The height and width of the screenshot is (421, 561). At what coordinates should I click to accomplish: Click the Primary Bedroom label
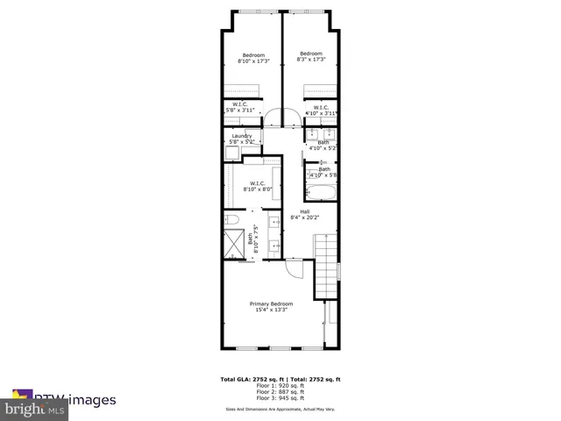pos(270,306)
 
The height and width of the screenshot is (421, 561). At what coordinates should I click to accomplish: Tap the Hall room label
pos(304,214)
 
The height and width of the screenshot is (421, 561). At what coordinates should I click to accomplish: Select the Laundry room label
pos(242,139)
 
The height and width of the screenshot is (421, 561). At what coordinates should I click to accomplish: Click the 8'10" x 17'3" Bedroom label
pos(254,57)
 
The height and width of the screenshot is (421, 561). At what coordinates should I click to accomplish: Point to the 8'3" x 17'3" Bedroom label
pos(311,56)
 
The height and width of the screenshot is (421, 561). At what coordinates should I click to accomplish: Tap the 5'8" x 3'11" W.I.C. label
pos(239,109)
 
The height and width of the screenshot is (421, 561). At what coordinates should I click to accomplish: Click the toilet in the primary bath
pos(231,219)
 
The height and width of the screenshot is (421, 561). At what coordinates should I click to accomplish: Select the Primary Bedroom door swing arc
pos(296,268)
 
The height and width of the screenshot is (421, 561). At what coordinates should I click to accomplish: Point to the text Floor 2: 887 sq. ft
pos(280,390)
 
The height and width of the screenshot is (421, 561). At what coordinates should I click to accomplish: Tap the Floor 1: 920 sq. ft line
pos(280,385)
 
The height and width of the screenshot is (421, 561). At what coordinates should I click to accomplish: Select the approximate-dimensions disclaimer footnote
pos(280,408)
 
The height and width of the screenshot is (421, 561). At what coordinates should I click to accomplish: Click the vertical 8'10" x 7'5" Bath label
pos(256,238)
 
